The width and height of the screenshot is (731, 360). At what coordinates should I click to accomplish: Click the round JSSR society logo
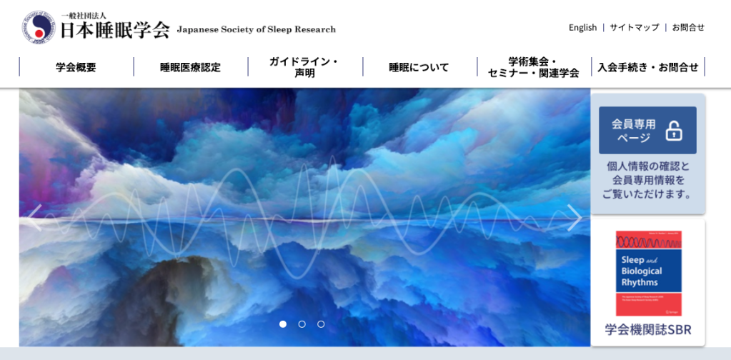[x=37, y=27]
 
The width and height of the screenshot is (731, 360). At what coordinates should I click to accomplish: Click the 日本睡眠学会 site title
[x=115, y=29]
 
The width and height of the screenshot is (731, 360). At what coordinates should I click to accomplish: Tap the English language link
[x=582, y=27]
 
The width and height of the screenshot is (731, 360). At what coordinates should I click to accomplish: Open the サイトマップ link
[x=634, y=27]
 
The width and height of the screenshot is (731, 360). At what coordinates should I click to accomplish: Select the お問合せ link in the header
[x=688, y=27]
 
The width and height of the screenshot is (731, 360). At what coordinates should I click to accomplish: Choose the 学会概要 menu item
[x=76, y=67]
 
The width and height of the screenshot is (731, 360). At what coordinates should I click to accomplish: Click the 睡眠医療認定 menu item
[x=190, y=67]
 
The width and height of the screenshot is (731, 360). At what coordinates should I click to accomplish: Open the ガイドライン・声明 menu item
[x=304, y=67]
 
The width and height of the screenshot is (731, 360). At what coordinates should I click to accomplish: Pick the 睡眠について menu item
[x=419, y=67]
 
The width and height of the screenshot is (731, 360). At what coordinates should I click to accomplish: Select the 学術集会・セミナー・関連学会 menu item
[x=533, y=67]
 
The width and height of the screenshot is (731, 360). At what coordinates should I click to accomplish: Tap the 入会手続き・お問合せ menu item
[x=648, y=67]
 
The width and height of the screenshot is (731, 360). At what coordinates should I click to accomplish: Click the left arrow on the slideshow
[x=34, y=217]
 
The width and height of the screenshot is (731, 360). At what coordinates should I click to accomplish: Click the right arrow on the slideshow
[x=574, y=217]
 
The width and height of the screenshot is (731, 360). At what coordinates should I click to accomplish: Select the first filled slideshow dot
[x=283, y=324]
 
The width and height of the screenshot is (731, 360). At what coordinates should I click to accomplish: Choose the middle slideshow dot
[x=302, y=324]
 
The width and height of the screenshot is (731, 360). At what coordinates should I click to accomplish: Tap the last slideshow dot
[x=321, y=324]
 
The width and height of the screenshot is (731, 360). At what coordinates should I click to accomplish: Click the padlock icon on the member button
[x=674, y=131]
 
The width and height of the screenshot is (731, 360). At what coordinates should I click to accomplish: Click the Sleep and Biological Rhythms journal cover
[x=648, y=273]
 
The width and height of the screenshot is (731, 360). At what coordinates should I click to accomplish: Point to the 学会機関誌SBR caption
[x=648, y=331]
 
